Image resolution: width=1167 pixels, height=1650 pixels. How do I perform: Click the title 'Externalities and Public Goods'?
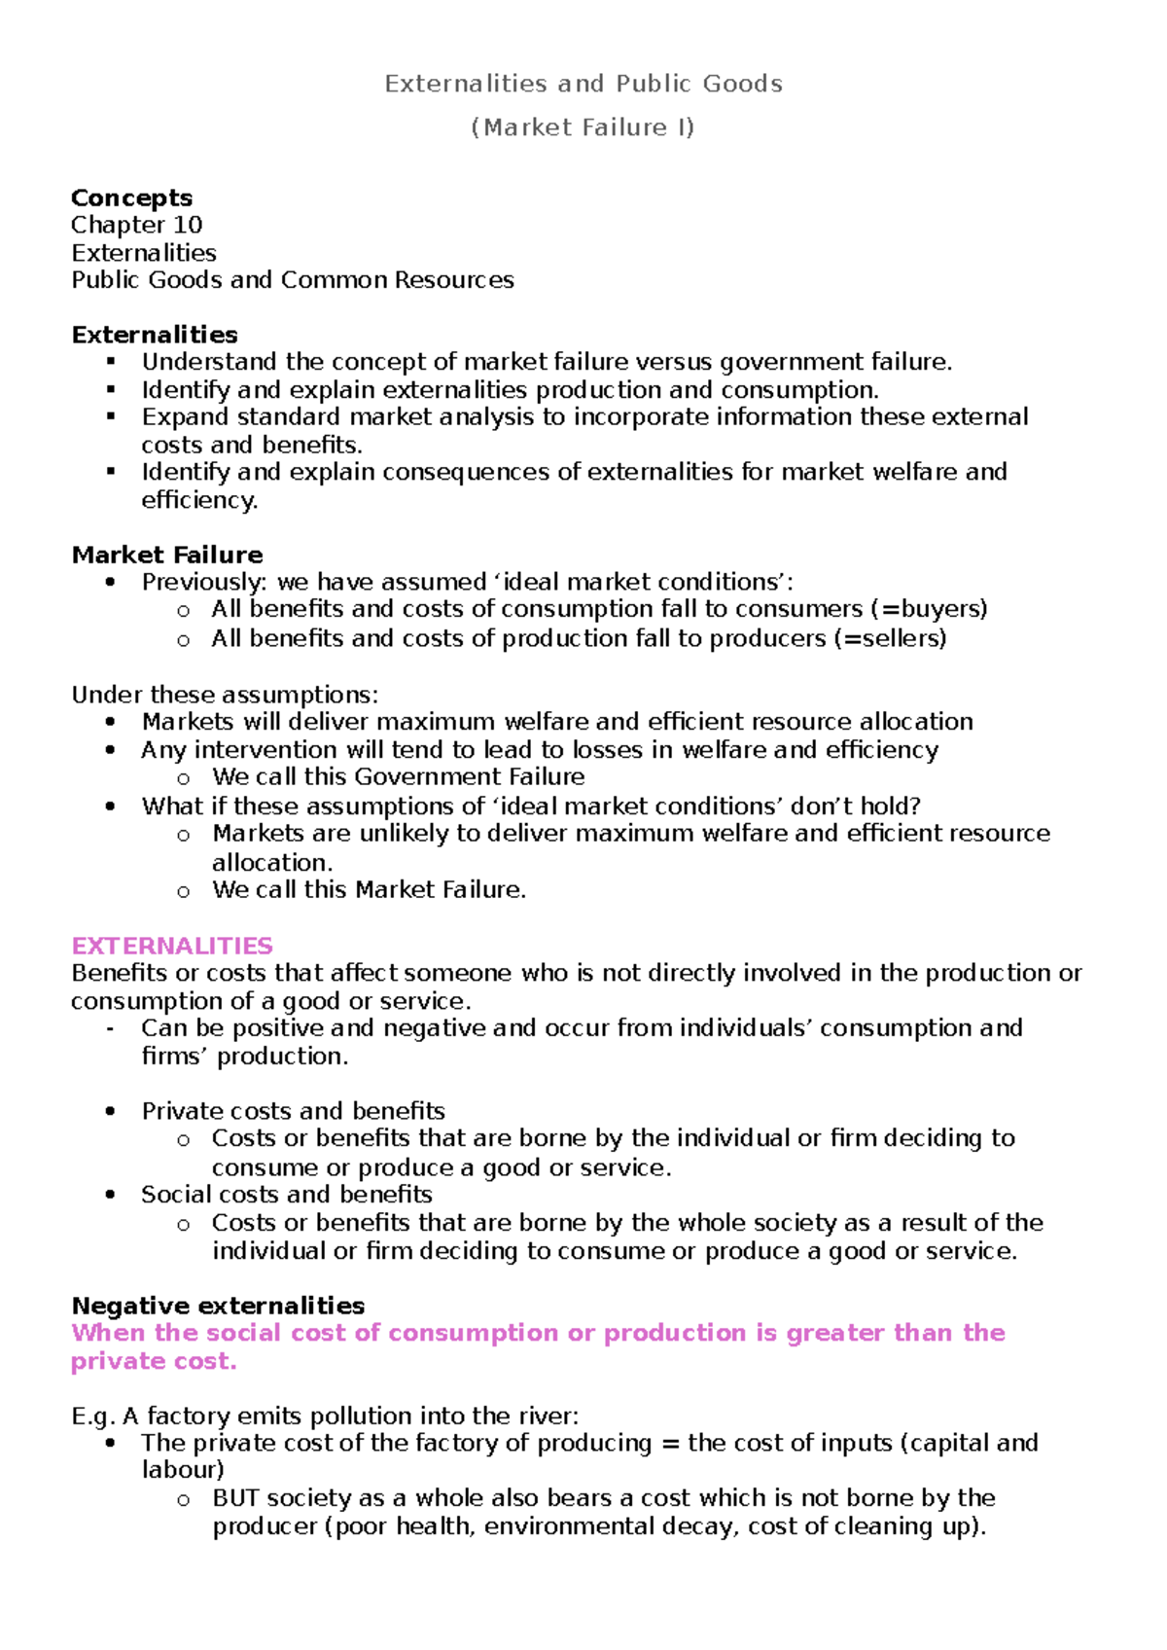tap(583, 84)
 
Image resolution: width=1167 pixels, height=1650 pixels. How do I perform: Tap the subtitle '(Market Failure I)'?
tap(583, 127)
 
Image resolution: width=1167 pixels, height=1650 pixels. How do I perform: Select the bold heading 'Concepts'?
tap(131, 197)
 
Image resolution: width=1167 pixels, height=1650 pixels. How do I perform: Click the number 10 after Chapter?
tap(187, 225)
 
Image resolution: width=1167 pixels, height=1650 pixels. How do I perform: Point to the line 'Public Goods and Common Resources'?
tap(292, 280)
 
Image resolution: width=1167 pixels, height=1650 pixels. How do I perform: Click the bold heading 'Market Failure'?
tap(167, 555)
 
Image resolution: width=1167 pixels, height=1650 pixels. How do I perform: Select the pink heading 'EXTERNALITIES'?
tap(172, 946)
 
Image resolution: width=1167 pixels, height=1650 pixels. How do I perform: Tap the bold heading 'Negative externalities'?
tap(218, 1306)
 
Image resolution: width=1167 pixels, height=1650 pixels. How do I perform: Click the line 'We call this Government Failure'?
tap(398, 776)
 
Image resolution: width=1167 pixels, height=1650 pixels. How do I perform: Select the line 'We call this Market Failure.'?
tap(369, 889)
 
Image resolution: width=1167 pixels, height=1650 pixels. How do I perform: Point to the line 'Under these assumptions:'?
tap(225, 695)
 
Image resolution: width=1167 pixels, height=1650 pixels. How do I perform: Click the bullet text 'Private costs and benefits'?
tap(293, 1111)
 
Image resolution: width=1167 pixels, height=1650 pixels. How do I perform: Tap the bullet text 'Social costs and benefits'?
tap(286, 1194)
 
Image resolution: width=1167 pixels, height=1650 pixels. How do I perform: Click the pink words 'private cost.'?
tap(154, 1361)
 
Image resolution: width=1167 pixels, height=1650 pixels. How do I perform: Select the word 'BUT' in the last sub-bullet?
tap(235, 1498)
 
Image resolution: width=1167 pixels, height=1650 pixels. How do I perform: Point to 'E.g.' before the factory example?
tap(92, 1417)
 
